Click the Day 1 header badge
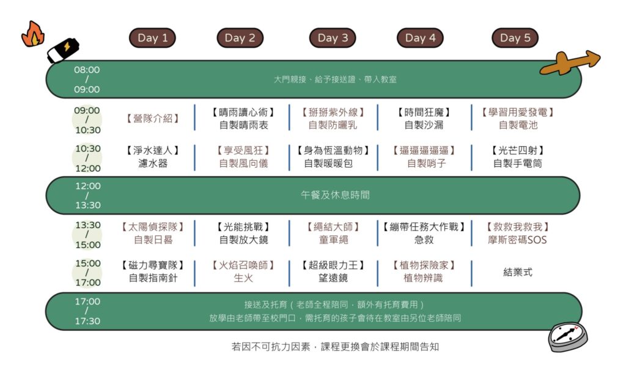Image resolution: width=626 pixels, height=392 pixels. [x=152, y=38]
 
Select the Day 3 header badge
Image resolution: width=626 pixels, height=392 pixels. [x=333, y=38]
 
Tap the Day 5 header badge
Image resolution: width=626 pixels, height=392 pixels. [x=515, y=38]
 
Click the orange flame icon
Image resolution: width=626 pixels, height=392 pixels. [x=33, y=34]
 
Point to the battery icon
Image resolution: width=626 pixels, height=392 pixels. [x=63, y=50]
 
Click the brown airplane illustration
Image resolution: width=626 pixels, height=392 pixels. [x=570, y=62]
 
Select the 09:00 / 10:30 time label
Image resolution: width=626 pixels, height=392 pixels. [x=87, y=120]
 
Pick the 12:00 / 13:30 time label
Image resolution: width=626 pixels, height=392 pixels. [x=88, y=195]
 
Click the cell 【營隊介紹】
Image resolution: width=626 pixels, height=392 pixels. [x=152, y=119]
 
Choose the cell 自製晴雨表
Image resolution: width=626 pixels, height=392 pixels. [x=243, y=125]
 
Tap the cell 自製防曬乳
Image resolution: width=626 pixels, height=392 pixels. [x=333, y=125]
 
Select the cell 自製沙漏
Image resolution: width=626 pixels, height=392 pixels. [x=424, y=125]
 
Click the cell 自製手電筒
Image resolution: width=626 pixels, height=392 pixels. [x=517, y=163]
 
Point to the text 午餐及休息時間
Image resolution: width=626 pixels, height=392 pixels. [x=335, y=195]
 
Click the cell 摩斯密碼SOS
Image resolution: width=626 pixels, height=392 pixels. [x=517, y=240]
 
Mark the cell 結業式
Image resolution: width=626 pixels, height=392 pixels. [x=517, y=272]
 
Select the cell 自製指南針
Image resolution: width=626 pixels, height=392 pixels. [x=153, y=278]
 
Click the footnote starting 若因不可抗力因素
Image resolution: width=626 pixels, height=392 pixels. [x=335, y=347]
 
